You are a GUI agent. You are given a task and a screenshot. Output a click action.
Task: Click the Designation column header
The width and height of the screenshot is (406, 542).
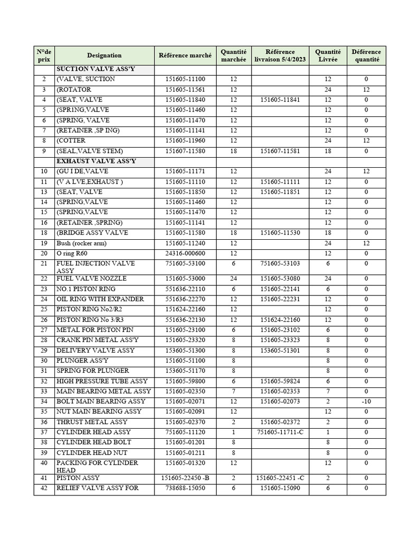(104, 55)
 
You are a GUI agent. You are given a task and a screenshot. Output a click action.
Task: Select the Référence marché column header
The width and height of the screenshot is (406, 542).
(185, 55)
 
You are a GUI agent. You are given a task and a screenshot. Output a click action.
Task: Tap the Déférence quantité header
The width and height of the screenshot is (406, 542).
(366, 56)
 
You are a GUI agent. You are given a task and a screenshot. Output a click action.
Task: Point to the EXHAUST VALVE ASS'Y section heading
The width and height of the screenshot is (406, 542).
(96, 161)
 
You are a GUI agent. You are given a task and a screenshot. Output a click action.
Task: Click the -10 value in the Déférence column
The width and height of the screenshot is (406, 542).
(366, 401)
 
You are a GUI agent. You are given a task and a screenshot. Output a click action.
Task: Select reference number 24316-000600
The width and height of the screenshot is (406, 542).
(185, 253)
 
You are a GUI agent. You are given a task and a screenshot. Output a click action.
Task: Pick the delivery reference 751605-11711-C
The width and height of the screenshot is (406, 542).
(281, 432)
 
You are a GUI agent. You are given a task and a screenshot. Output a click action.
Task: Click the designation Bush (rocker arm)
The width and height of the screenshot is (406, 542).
(81, 243)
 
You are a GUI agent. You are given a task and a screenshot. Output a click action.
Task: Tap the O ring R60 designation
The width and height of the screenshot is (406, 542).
(76, 253)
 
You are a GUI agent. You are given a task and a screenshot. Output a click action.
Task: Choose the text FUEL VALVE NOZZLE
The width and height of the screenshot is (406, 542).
(89, 278)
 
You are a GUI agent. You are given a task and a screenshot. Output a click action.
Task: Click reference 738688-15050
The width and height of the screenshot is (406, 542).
(185, 488)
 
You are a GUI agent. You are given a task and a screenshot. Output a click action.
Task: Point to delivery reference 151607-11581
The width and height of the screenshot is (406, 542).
(281, 151)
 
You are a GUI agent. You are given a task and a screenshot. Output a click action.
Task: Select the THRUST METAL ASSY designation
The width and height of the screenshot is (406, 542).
(92, 422)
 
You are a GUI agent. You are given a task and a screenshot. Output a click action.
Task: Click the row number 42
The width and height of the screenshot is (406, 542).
(44, 488)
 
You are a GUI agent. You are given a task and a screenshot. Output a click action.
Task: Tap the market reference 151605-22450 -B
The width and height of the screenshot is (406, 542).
(185, 477)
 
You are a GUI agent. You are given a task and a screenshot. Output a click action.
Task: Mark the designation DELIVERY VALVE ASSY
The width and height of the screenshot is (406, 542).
(96, 350)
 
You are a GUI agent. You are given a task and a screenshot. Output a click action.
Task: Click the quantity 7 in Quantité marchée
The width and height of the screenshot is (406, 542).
(233, 391)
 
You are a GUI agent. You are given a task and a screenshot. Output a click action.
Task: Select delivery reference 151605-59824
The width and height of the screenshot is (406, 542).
(281, 381)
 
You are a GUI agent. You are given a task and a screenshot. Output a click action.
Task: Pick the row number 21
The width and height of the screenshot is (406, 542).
(44, 264)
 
